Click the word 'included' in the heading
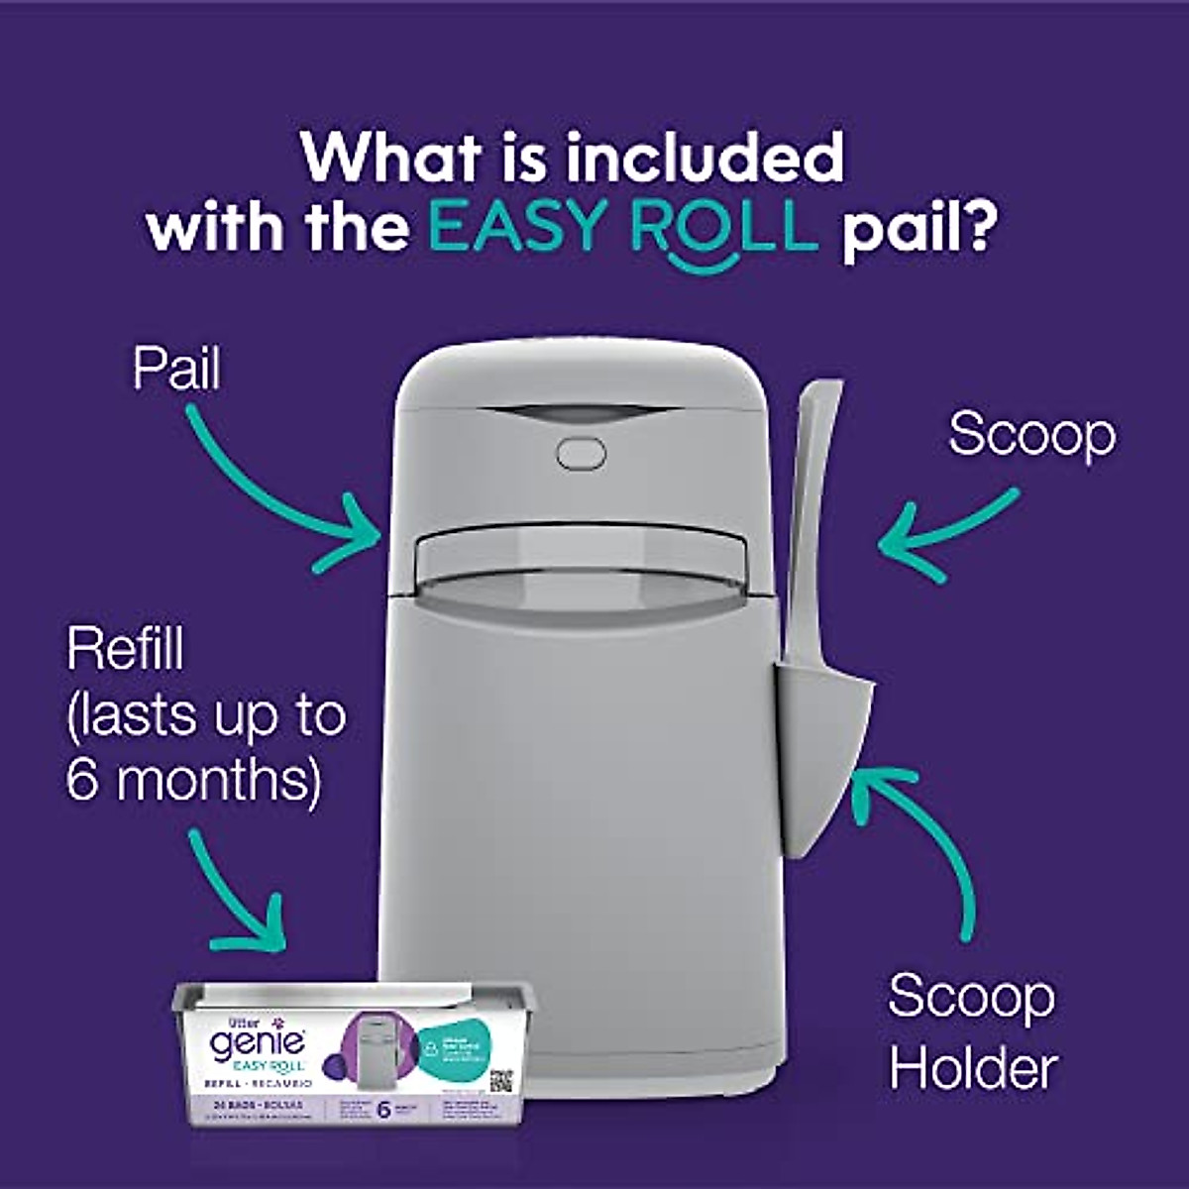(x=704, y=159)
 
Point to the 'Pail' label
(x=176, y=369)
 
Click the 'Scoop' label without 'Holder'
(x=1031, y=435)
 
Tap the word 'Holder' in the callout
(x=973, y=1069)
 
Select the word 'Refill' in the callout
(x=126, y=651)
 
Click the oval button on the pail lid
(x=581, y=454)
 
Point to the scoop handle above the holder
(x=812, y=515)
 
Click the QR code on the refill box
(x=502, y=1080)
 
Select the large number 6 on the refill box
(x=385, y=1110)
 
